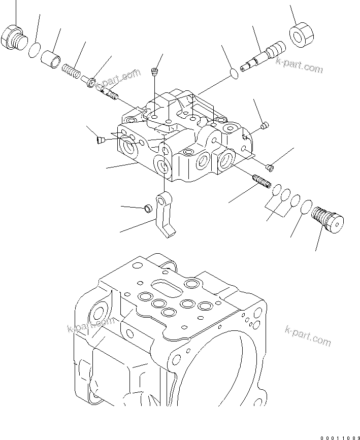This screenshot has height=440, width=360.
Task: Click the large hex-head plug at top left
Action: tap(13, 38)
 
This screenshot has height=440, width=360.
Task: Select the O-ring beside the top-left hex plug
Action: tap(35, 51)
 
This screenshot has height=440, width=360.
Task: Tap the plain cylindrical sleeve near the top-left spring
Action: tap(51, 58)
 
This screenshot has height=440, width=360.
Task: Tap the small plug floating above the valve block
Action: tap(155, 72)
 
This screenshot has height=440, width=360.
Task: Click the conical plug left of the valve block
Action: tap(100, 138)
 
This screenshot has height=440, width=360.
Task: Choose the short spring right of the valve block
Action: tap(261, 181)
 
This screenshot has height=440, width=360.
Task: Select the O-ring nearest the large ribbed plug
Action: tap(306, 207)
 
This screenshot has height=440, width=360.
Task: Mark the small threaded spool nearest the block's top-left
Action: tap(110, 92)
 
